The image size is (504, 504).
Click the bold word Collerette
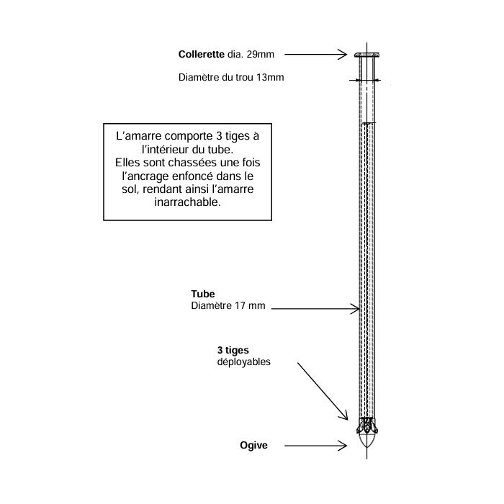click(x=201, y=54)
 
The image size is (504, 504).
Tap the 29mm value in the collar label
click(x=261, y=54)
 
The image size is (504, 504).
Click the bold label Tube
click(x=203, y=294)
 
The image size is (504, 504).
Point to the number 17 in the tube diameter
click(x=240, y=305)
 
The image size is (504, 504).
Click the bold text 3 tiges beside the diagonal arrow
click(x=233, y=350)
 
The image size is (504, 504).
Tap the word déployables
click(x=243, y=362)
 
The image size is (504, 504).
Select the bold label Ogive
click(x=253, y=445)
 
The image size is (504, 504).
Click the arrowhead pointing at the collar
click(x=343, y=55)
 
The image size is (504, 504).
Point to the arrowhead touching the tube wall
click(x=355, y=309)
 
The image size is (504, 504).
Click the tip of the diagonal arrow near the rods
click(x=348, y=420)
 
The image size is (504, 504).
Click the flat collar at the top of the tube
click(x=366, y=55)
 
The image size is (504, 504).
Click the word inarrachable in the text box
click(x=187, y=202)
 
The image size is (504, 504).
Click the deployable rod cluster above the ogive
click(x=366, y=426)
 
